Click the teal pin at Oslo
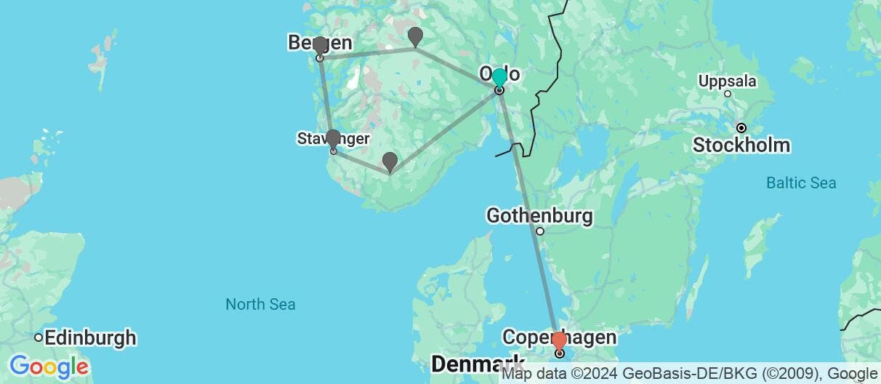coord(499,77)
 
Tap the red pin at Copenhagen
coord(559,340)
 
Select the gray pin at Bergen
coord(320,45)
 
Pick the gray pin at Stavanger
coord(333,137)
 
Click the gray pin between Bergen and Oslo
coord(415,35)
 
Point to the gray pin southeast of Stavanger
coord(390,161)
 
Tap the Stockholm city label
coord(741,145)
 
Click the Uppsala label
coord(728,81)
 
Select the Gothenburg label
coord(539,216)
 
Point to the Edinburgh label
coord(90,337)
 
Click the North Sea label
coord(260,304)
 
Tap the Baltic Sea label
coord(801,183)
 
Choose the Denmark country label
coord(478,363)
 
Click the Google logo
coord(48,366)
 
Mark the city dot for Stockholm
coord(741,128)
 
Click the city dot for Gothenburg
coord(539,231)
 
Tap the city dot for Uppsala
coord(728,94)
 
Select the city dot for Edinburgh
coord(38,337)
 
